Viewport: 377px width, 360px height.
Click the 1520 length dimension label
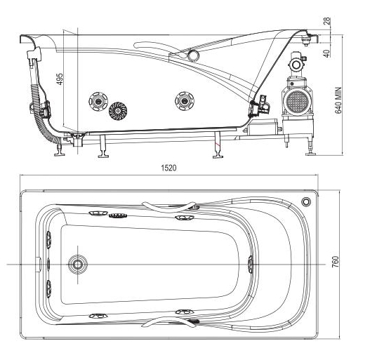click(x=168, y=168)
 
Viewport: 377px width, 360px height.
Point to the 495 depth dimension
click(x=60, y=79)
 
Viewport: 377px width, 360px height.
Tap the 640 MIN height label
click(x=338, y=100)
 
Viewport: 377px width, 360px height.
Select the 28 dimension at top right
click(x=327, y=21)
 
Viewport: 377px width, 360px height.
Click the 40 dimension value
click(x=326, y=53)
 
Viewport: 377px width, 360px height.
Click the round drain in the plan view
click(x=78, y=265)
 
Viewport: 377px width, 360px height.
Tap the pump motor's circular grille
click(x=298, y=101)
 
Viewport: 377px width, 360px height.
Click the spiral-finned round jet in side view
click(x=118, y=111)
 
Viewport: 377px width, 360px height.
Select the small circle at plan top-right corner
click(x=306, y=201)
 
